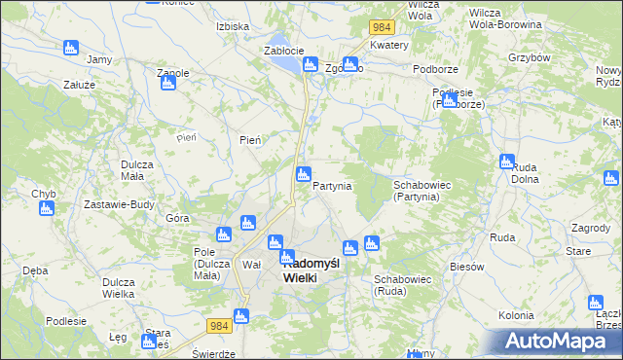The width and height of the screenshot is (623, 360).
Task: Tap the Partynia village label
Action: click(332, 186)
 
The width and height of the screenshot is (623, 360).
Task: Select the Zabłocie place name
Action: click(284, 51)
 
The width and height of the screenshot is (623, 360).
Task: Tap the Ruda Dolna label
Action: click(526, 173)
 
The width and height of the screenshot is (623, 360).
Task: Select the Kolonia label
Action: click(516, 315)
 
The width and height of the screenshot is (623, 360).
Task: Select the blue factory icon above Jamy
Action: click(70, 48)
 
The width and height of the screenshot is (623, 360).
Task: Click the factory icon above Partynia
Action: click(304, 175)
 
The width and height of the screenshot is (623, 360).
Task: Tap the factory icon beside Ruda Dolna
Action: click(507, 162)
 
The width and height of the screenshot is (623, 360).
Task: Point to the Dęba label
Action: click(35, 270)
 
